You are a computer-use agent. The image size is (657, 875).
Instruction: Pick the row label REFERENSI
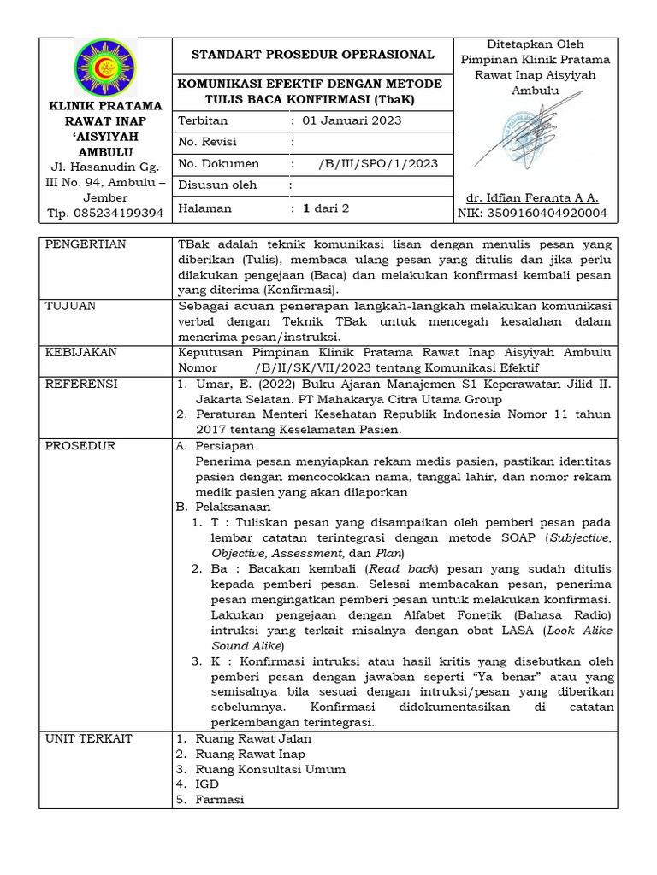(81, 385)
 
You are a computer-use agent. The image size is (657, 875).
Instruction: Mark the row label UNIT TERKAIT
(89, 738)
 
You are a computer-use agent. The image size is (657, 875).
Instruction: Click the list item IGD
(207, 784)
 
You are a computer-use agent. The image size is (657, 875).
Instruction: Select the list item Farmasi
(219, 799)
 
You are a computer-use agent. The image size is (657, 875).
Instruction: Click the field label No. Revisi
(208, 142)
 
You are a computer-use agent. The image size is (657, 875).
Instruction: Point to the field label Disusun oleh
(217, 185)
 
